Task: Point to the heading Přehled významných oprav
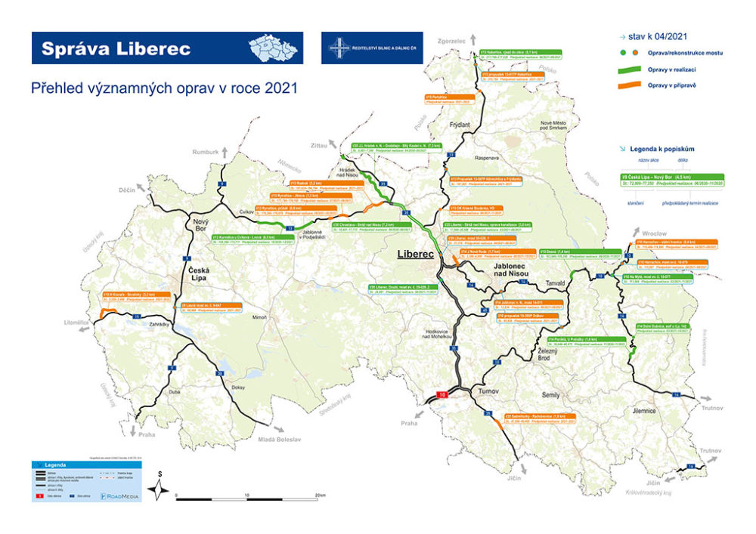pyautogui.click(x=163, y=88)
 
